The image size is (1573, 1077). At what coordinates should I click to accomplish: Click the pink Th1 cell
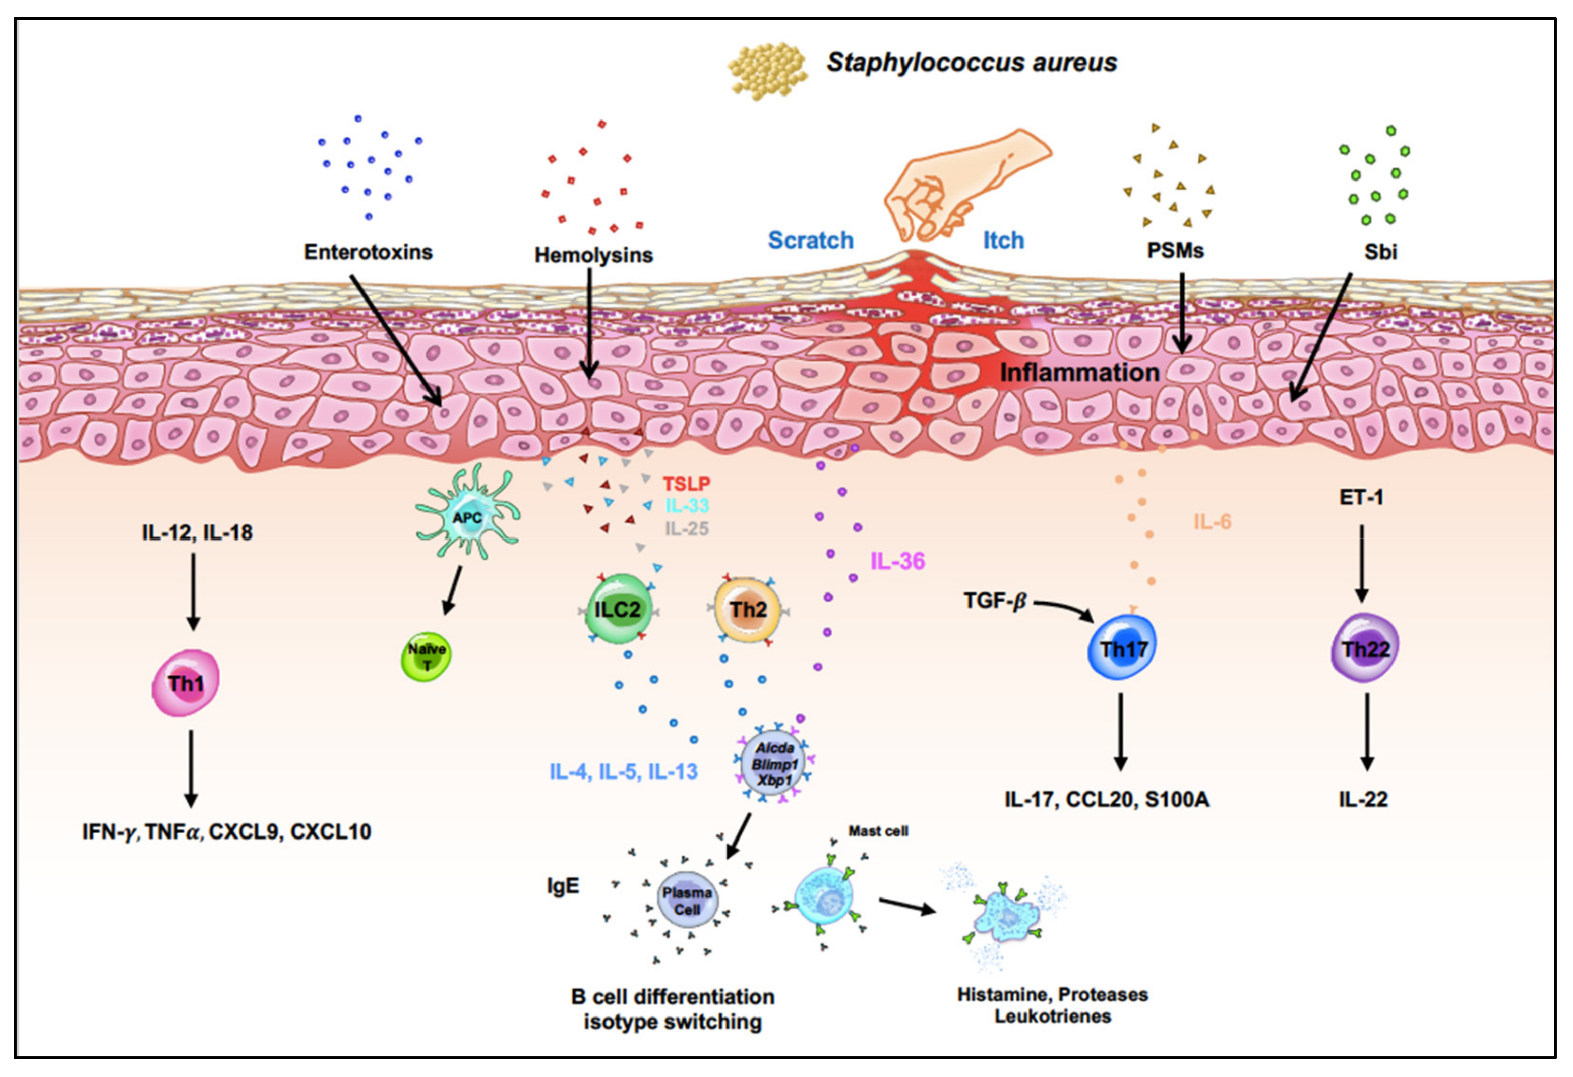(x=186, y=683)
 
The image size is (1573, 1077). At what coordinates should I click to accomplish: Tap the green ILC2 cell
(x=617, y=609)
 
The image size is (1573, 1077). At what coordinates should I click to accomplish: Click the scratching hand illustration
(x=961, y=183)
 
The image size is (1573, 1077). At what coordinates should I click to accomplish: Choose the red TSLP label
(x=686, y=484)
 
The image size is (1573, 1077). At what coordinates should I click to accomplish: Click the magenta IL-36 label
(x=897, y=561)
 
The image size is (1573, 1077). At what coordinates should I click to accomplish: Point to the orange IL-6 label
(x=1212, y=522)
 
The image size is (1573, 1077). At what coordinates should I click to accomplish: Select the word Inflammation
(x=1079, y=372)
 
